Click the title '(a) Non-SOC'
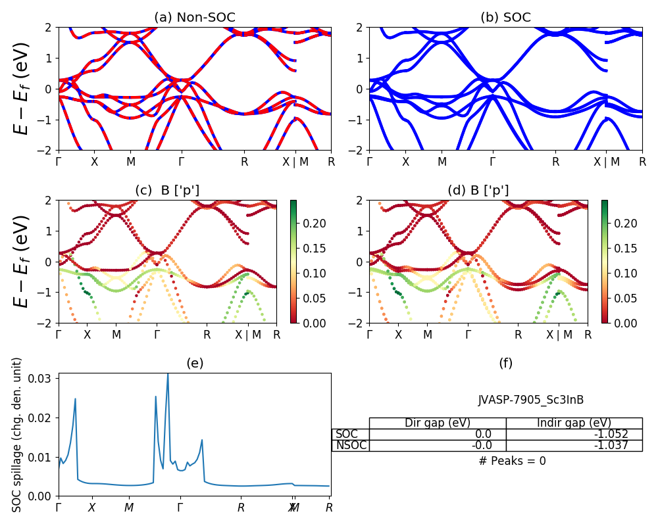click(x=195, y=18)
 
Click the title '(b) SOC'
click(x=505, y=18)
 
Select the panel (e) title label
click(x=195, y=363)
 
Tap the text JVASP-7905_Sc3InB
click(x=531, y=400)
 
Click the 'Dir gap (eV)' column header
click(x=438, y=423)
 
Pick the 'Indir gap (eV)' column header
click(x=574, y=423)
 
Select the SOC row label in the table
click(x=347, y=434)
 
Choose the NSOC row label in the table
click(x=351, y=446)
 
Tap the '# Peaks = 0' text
click(x=513, y=461)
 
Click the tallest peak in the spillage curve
click(x=168, y=374)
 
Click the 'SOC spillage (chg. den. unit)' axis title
click(x=18, y=434)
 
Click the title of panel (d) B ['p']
click(x=478, y=191)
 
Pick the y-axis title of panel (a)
click(x=23, y=88)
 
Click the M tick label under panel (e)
click(x=129, y=508)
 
